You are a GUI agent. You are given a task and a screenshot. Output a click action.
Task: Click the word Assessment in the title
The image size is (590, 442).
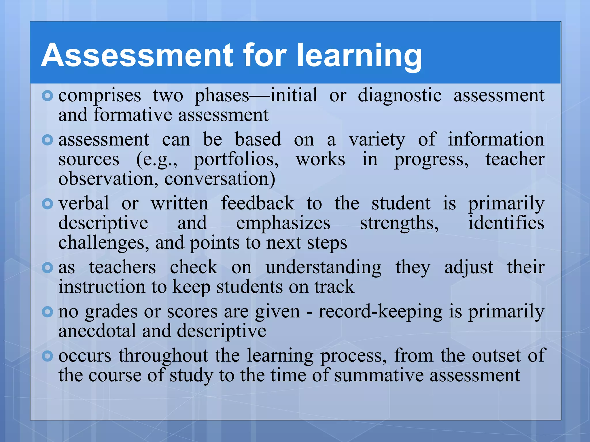pos(137,55)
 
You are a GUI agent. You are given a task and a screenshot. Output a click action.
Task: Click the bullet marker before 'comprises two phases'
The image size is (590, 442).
pos(47,96)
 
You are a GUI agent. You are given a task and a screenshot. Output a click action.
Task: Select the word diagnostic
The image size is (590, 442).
pos(400,96)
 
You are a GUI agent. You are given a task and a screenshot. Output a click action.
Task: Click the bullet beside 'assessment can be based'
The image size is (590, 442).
pos(47,140)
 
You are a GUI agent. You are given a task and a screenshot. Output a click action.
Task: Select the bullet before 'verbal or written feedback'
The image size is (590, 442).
pos(47,204)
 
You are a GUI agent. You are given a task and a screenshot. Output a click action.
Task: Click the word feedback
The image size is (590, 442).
pos(258,204)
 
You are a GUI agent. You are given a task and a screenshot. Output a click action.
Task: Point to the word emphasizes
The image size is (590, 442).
pos(283,223)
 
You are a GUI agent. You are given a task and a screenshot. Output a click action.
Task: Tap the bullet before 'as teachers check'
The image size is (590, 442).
pos(47,268)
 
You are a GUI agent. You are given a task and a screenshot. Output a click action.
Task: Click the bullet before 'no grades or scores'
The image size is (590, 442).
pos(47,312)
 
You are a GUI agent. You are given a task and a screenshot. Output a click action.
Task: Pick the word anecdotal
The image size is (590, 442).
pos(97,331)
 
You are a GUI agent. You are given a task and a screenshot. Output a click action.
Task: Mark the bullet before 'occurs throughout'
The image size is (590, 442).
pos(47,356)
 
